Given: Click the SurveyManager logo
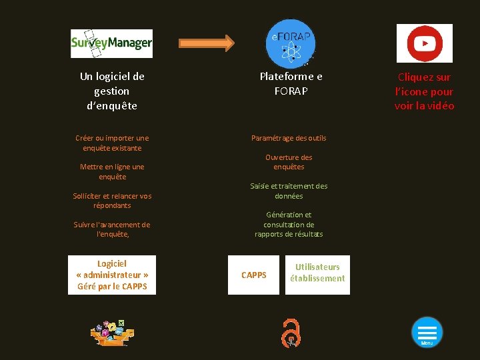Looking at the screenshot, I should point(111,43).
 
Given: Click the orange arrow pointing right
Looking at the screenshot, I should point(207,43).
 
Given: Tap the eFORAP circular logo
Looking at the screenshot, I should point(291,43).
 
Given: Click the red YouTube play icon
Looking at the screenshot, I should point(424,43).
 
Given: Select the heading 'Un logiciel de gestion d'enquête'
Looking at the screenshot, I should point(112,91).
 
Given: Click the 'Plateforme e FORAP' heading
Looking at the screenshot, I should point(291,83).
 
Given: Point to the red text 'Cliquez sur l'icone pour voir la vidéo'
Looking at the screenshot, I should point(424,91).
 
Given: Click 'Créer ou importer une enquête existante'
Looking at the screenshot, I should point(112,143).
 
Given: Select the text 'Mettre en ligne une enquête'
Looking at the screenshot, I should point(112,171).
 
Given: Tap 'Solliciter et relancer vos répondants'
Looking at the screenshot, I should point(112,201).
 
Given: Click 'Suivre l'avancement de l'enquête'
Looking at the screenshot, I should point(112,229).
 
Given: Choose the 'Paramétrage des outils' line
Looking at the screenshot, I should point(289,138).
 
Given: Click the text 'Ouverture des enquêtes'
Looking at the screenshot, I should point(289,162).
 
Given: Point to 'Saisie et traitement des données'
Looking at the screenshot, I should point(289,191).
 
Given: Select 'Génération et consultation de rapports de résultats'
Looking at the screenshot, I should point(289,224).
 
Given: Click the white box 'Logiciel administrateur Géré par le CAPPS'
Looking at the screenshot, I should point(112,275).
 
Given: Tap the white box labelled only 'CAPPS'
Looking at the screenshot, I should point(253,275).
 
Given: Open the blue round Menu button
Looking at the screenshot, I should point(427,331).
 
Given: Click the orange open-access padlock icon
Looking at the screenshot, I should point(291,332).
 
